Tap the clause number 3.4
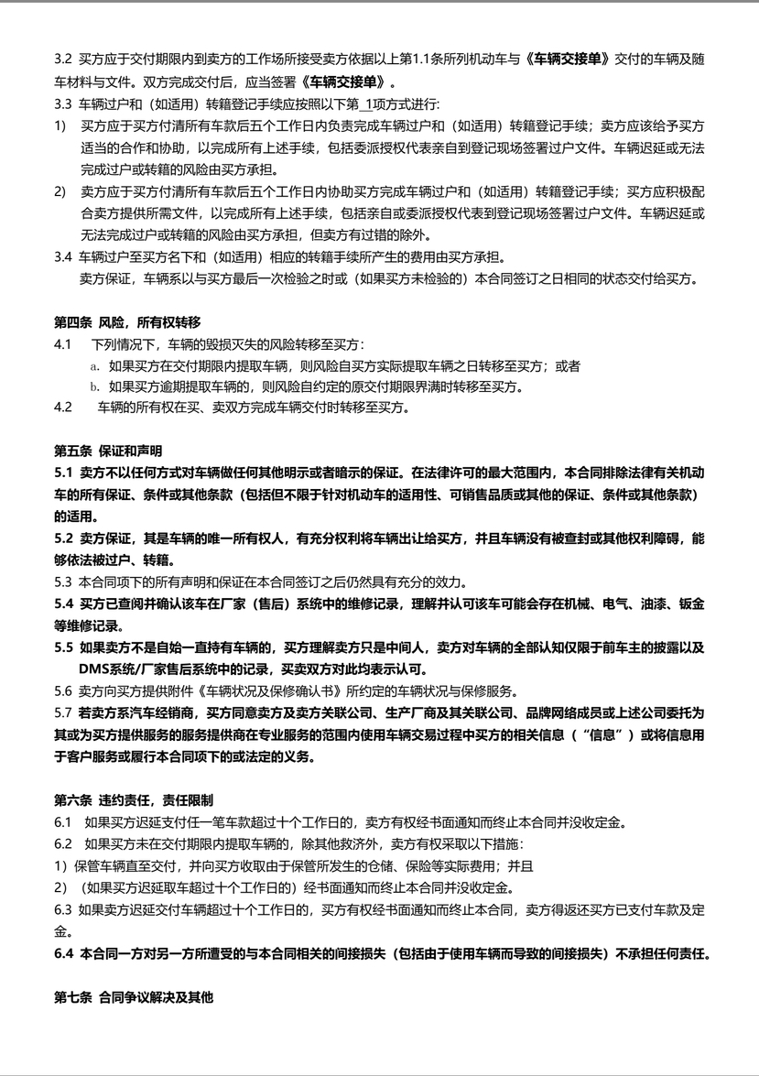click(63, 255)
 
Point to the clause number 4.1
click(63, 344)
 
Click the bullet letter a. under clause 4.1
click(94, 365)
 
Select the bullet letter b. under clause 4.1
click(94, 386)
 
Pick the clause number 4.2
click(63, 408)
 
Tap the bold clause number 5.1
click(63, 473)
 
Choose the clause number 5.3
click(63, 581)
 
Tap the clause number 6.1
click(63, 821)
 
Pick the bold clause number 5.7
click(63, 712)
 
